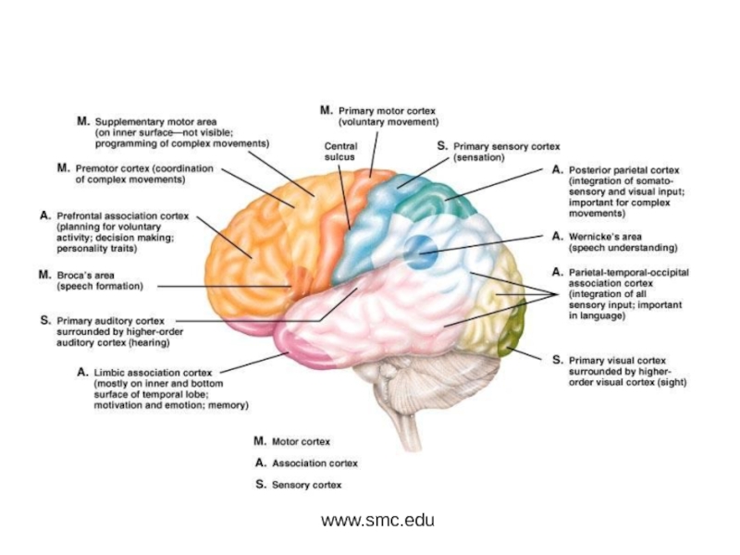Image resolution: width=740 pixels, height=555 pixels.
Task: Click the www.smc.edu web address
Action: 377,520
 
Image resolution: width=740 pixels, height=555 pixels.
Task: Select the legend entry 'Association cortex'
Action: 312,462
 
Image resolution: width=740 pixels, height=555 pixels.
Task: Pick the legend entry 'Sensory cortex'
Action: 304,484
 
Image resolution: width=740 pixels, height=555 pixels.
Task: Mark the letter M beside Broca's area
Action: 43,275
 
